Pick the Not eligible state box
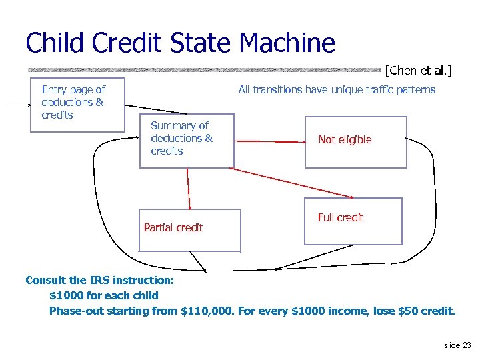click(x=355, y=141)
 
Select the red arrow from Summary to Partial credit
click(x=189, y=189)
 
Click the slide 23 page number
click(x=457, y=345)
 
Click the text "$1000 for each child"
click(x=104, y=295)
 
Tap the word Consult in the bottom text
click(x=45, y=280)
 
